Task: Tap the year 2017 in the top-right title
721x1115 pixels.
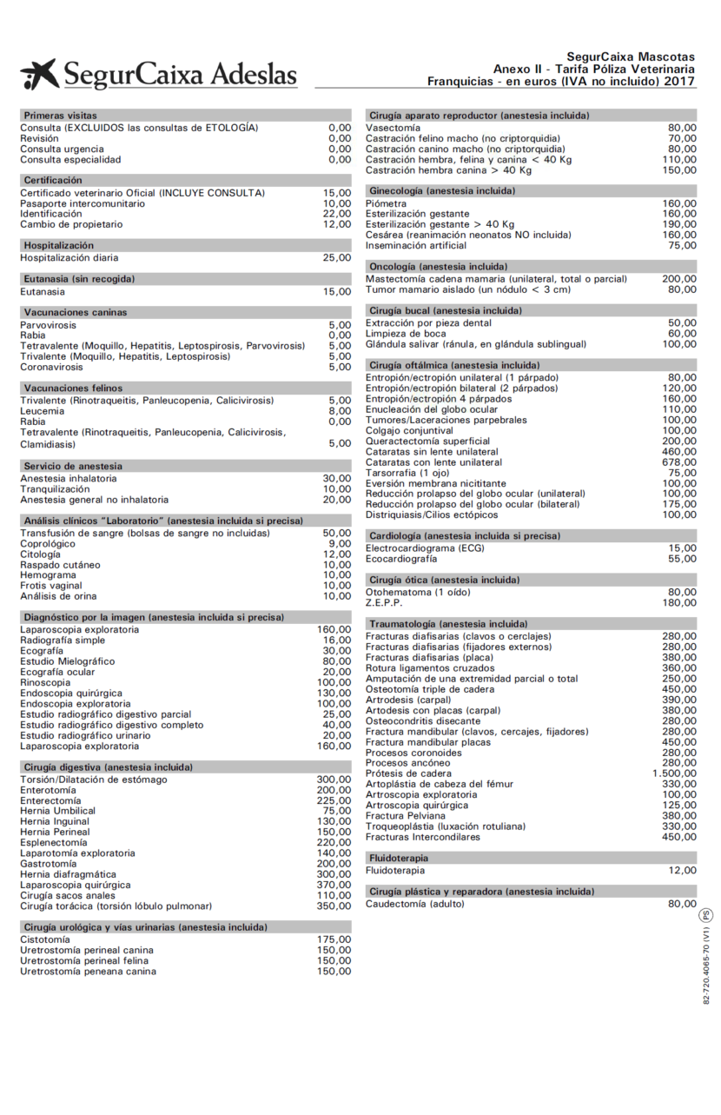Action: click(x=680, y=81)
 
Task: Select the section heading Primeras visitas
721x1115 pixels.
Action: click(x=60, y=116)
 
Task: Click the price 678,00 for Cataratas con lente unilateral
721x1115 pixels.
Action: click(x=679, y=462)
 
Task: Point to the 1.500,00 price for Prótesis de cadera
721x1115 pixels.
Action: click(x=674, y=773)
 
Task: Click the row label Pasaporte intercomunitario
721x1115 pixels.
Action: click(x=83, y=203)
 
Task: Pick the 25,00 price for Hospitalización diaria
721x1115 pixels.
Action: click(x=337, y=258)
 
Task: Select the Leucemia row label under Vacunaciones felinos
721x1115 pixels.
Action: click(x=43, y=411)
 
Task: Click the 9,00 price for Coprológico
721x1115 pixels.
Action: click(x=340, y=544)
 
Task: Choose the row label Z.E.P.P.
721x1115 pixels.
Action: click(x=384, y=602)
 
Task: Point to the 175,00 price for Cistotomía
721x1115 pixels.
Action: click(x=334, y=939)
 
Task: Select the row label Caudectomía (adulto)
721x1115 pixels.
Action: click(x=414, y=904)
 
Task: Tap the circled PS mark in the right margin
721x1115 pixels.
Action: click(x=706, y=914)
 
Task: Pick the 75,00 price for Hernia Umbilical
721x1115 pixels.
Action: click(x=337, y=811)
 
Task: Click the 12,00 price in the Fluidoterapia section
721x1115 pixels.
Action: click(x=682, y=870)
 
